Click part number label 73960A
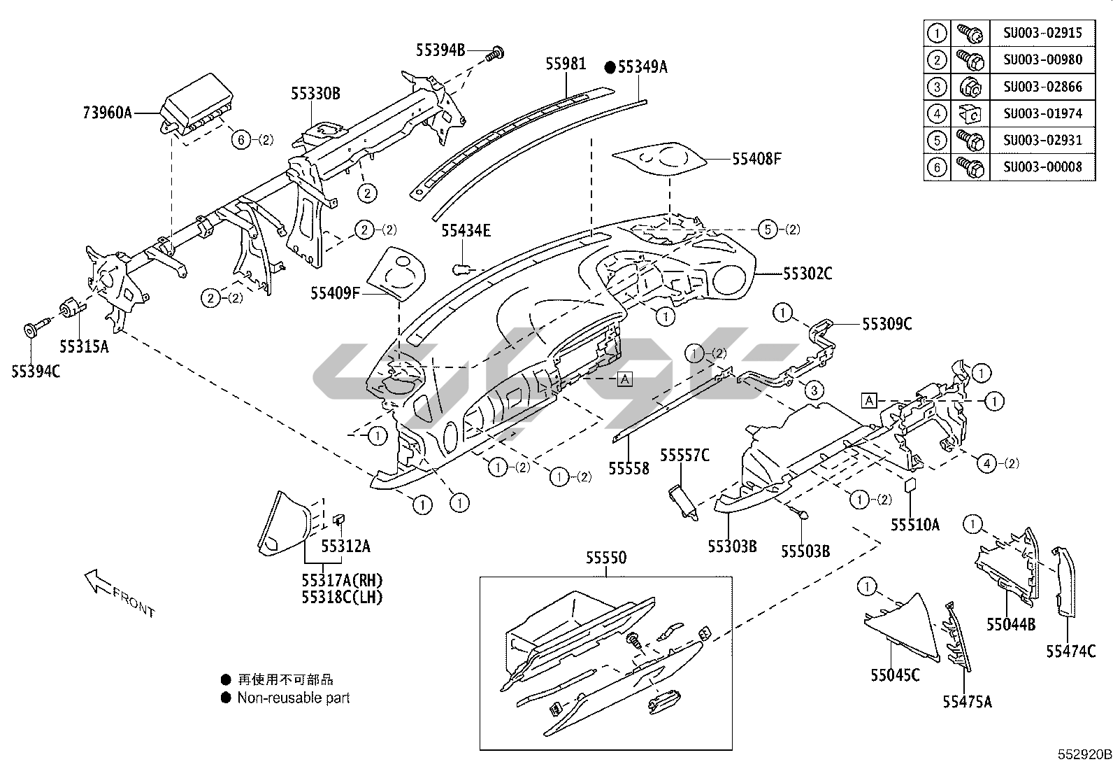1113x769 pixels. pos(108,112)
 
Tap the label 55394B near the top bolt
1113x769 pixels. pos(440,50)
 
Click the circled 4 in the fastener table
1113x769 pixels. pos(937,113)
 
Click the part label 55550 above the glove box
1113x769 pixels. pos(606,558)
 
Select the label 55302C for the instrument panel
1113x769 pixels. pos(807,274)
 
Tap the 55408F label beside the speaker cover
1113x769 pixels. pos(756,159)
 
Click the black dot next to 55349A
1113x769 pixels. pos(610,67)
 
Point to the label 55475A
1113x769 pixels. pos(967,702)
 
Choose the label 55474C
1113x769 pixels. pos(1070,651)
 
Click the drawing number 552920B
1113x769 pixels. pos(1083,755)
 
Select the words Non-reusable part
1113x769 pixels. pos(294,698)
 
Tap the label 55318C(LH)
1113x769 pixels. pos(343,597)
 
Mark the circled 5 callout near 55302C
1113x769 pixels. pos(768,229)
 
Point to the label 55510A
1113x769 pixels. pos(914,524)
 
